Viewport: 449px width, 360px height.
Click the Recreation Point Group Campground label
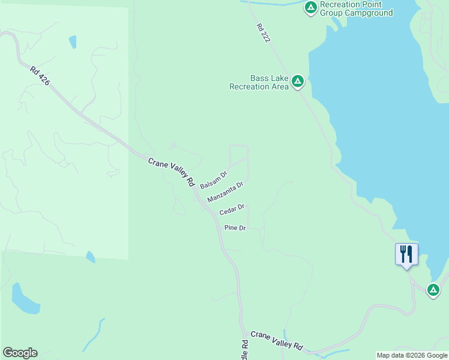tap(357, 8)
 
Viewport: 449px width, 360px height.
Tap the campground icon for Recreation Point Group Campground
tap(311, 7)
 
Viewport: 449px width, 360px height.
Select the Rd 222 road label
tap(263, 33)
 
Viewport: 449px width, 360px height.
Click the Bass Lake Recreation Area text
tap(259, 82)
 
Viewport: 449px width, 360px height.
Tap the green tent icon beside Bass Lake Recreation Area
tap(297, 82)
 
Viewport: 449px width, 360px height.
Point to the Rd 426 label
tap(40, 76)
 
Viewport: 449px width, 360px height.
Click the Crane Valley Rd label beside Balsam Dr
tap(172, 171)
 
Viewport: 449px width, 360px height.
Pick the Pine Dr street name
tap(235, 228)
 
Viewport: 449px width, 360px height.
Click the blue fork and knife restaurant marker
tap(406, 254)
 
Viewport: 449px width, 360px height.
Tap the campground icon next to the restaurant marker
tap(433, 290)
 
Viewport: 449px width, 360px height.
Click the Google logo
tap(20, 353)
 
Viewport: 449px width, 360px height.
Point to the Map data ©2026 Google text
tap(412, 355)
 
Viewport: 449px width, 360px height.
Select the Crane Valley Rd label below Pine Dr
tap(277, 340)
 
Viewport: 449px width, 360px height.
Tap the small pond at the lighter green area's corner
tap(90, 257)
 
